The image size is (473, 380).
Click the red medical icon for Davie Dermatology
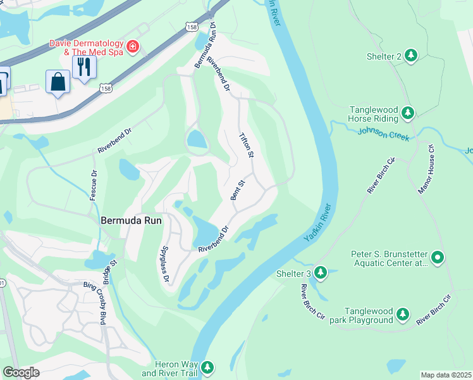pyautogui.click(x=133, y=46)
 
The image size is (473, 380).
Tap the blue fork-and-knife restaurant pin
pyautogui.click(x=84, y=66)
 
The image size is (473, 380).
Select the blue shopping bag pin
pyautogui.click(x=58, y=82)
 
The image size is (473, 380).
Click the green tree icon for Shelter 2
pyautogui.click(x=411, y=56)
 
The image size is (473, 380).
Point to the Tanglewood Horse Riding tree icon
pyautogui.click(x=408, y=113)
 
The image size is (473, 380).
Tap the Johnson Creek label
pyautogui.click(x=383, y=134)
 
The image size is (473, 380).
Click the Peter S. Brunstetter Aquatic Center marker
pyautogui.click(x=438, y=258)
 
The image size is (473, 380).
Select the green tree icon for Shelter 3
pyautogui.click(x=321, y=273)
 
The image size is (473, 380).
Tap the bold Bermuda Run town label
pyautogui.click(x=132, y=221)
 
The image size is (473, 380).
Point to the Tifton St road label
pyautogui.click(x=246, y=146)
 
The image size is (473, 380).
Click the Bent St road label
pyautogui.click(x=238, y=190)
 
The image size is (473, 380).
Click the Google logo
pyautogui.click(x=21, y=372)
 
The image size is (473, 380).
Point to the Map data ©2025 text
pyautogui.click(x=446, y=375)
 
